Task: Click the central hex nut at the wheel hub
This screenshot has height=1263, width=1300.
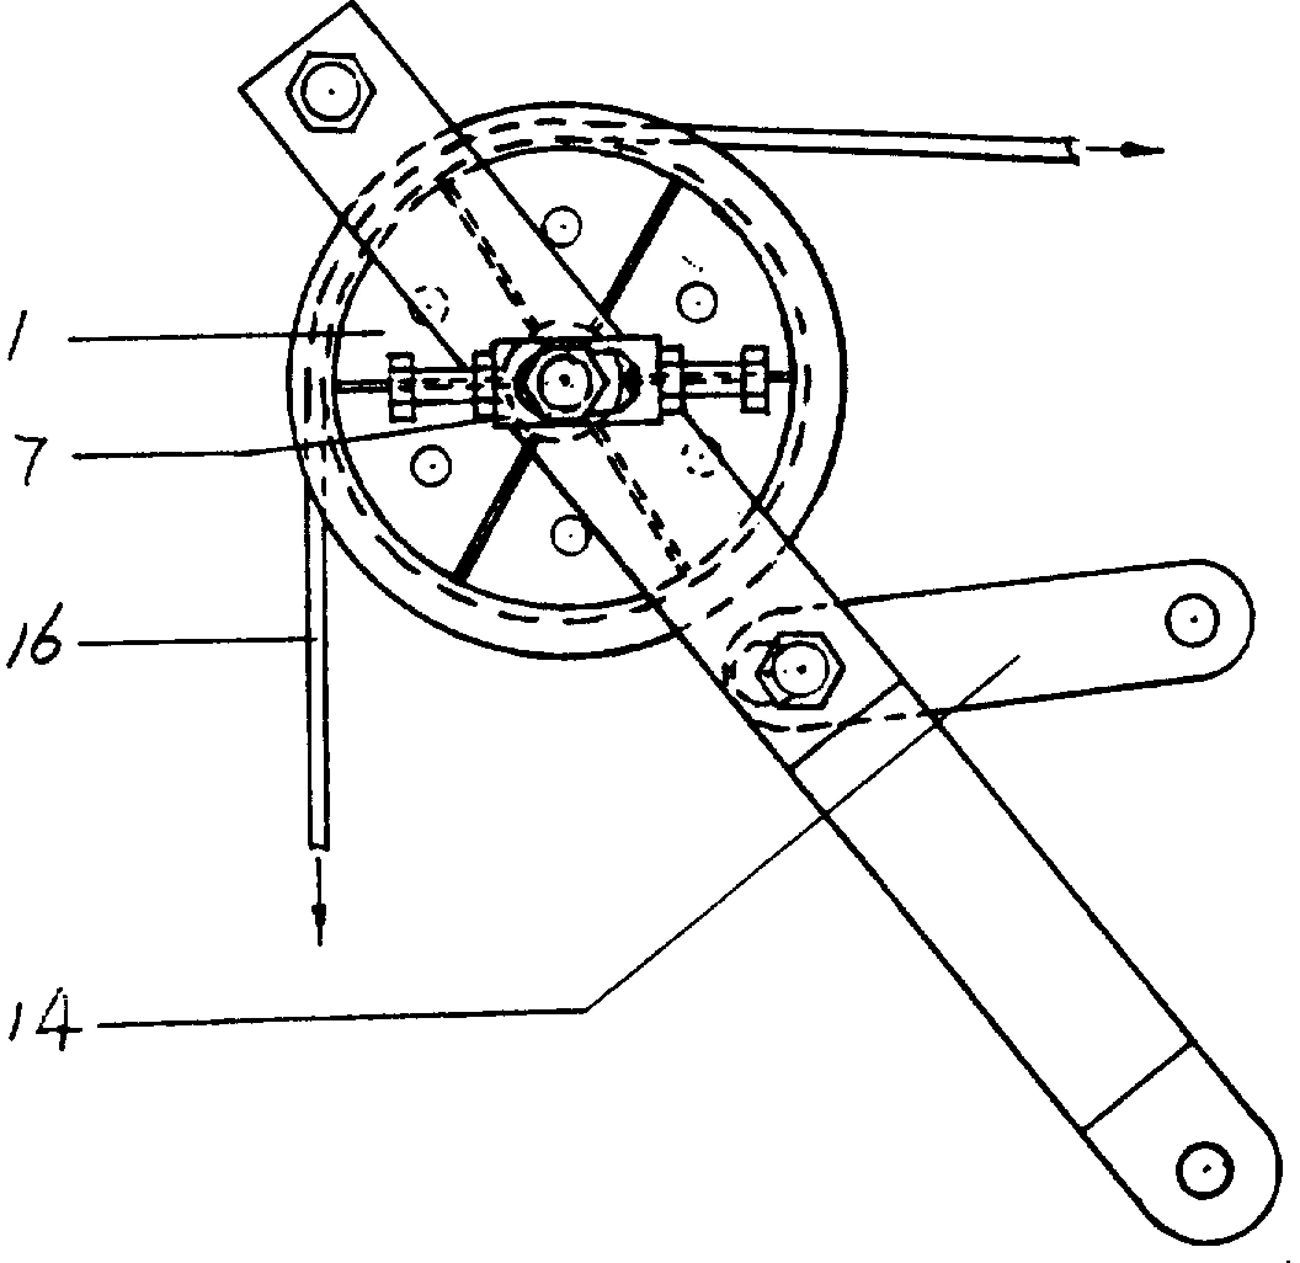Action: click(x=564, y=380)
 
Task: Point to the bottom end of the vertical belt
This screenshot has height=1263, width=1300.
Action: click(x=318, y=846)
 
